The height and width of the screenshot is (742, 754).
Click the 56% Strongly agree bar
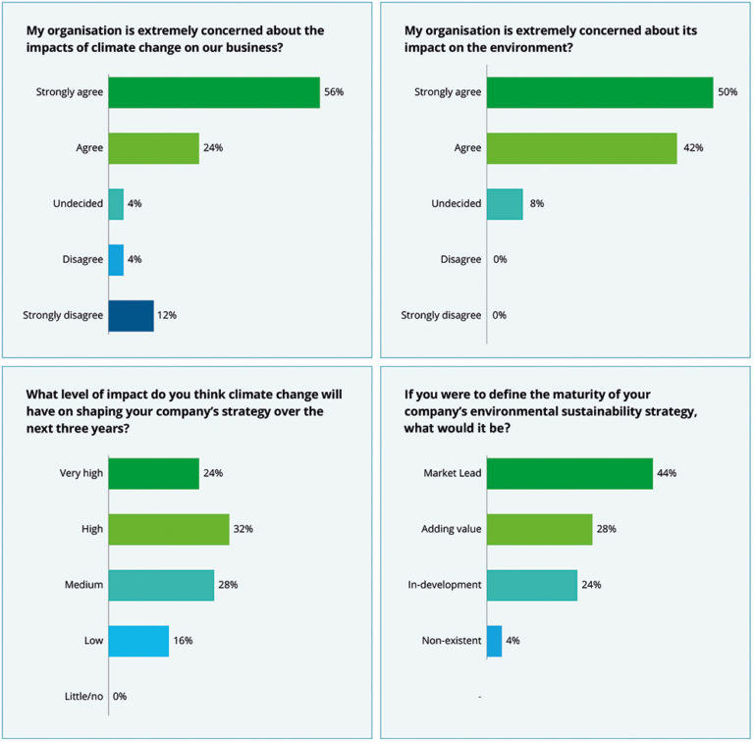[214, 92]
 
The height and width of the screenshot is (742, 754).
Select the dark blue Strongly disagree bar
[131, 315]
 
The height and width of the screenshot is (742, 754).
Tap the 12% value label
[167, 315]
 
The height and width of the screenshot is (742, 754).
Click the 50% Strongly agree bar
[600, 92]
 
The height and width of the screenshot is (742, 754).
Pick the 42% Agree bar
[581, 148]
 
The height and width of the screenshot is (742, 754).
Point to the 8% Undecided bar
[505, 204]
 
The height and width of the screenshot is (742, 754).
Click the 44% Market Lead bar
[569, 473]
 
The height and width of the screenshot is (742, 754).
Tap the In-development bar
[531, 585]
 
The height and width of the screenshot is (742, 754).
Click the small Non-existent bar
[494, 641]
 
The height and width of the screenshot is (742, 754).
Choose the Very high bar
[153, 473]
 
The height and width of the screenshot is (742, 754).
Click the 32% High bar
[169, 529]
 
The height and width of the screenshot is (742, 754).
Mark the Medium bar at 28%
[161, 585]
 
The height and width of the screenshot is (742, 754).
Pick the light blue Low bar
[138, 641]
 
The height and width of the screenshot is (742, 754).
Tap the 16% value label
[183, 641]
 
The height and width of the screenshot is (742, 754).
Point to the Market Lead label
[452, 473]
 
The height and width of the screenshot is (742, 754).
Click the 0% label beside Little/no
[121, 696]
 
